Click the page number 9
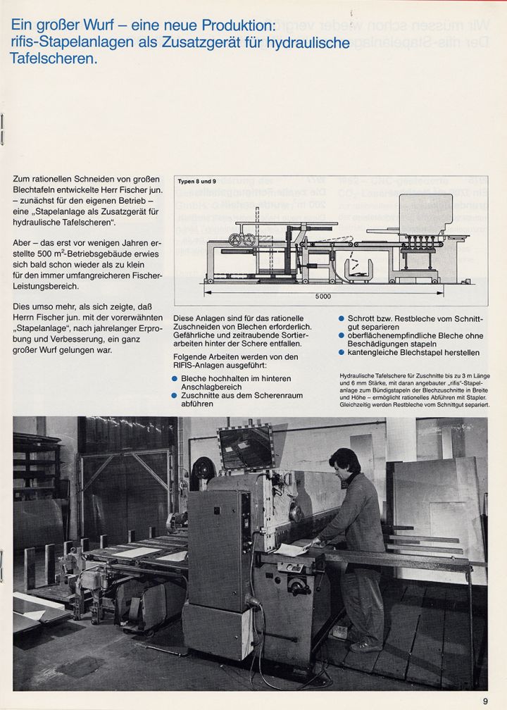tap(485, 699)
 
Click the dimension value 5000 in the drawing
tap(323, 296)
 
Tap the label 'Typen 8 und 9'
tap(196, 181)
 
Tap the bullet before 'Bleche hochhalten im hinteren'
tap(176, 378)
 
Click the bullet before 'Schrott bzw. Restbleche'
tap(342, 318)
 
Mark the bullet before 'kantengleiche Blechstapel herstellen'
tap(342, 353)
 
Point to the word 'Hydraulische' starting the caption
tap(359, 376)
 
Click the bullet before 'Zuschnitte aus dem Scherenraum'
tap(176, 396)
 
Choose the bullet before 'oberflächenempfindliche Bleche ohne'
tap(342, 336)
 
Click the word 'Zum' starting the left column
tap(22, 180)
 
